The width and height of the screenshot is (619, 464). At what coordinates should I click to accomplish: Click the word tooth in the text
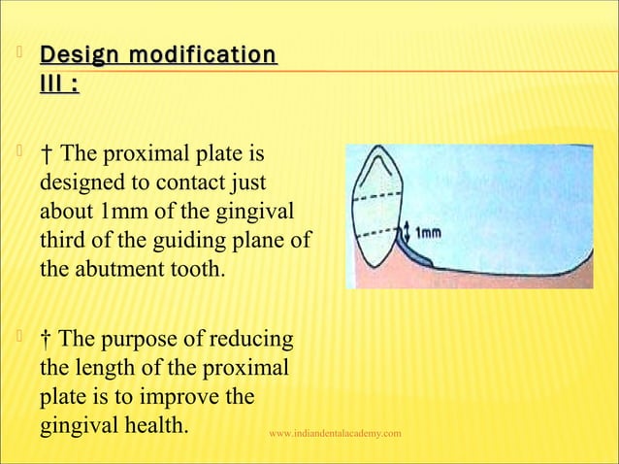point(196,265)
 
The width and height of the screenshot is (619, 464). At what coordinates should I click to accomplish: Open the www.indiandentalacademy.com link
point(336,432)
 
